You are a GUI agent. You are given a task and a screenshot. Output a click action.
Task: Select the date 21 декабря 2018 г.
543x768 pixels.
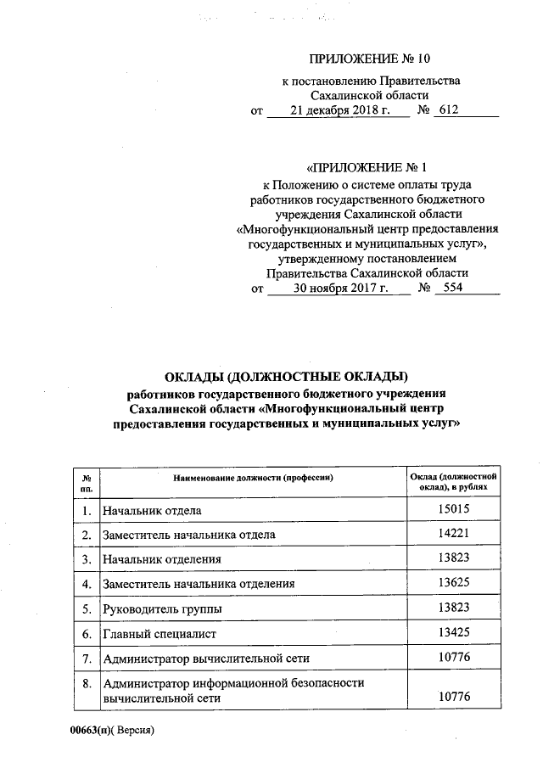click(338, 110)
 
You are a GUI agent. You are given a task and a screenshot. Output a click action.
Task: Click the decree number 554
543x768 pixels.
click(447, 289)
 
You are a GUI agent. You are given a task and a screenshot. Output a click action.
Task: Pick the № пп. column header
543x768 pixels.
click(86, 484)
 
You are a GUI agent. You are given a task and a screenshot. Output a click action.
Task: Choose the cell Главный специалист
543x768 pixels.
click(160, 634)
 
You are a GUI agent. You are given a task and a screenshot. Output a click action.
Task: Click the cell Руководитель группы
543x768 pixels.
click(162, 609)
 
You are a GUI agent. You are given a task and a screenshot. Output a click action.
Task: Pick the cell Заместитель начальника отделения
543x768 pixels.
click(199, 585)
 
